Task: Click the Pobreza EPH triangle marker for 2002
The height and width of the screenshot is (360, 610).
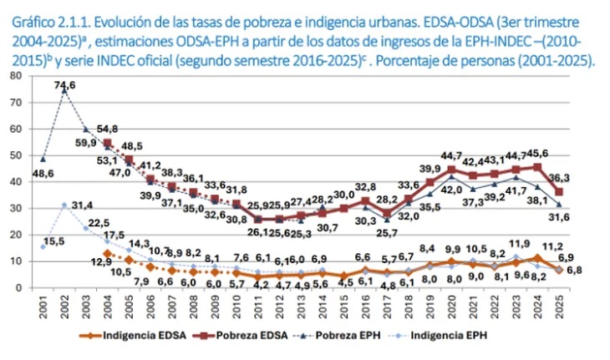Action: (64, 89)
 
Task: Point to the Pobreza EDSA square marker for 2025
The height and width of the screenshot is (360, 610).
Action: (558, 192)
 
